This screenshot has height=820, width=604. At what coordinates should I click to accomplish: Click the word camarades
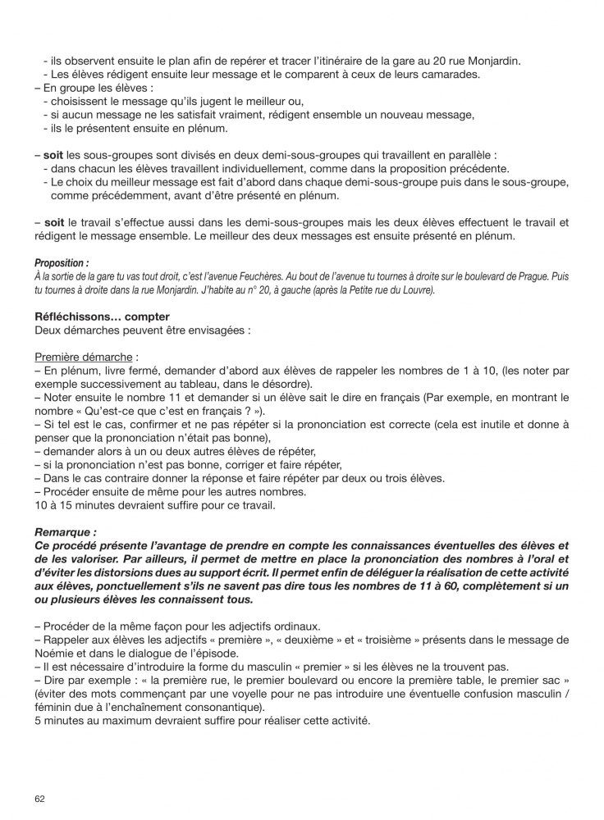pos(471,75)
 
